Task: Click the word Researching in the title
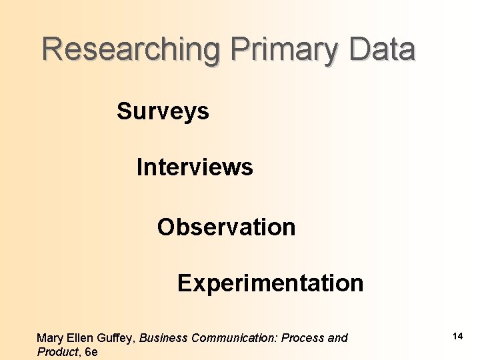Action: [131, 50]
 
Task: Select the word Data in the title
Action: [383, 50]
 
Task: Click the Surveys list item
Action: [163, 111]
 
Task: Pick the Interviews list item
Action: [195, 167]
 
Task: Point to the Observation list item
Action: [226, 227]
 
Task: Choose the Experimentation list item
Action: [270, 283]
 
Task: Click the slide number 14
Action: [457, 337]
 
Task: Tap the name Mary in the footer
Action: [50, 338]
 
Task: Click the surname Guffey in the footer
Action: [117, 338]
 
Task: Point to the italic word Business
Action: [163, 338]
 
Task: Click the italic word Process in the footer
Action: [303, 338]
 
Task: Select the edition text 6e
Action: [91, 352]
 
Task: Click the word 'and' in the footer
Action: [337, 338]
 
